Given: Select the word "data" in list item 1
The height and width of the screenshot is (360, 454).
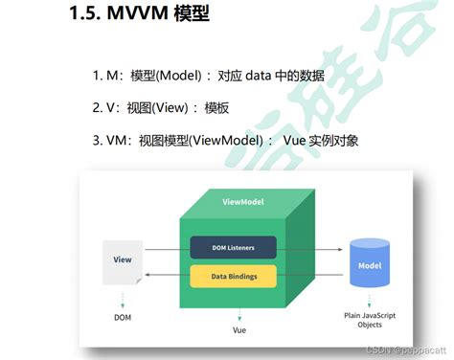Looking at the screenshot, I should coord(237,76).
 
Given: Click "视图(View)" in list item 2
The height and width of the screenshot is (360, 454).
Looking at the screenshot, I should coord(149,108).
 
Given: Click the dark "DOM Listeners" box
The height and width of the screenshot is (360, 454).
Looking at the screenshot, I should coord(233,248).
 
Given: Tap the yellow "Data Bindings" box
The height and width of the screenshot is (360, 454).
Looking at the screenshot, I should coord(233,277).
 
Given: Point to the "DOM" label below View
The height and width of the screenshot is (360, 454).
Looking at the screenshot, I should coord(121,316).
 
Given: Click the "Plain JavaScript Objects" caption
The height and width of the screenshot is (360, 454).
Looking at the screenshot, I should coord(369,319).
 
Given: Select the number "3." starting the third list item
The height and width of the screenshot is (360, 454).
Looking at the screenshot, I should coord(98,141).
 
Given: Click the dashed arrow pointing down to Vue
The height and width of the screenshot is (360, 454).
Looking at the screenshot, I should coord(240,313).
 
